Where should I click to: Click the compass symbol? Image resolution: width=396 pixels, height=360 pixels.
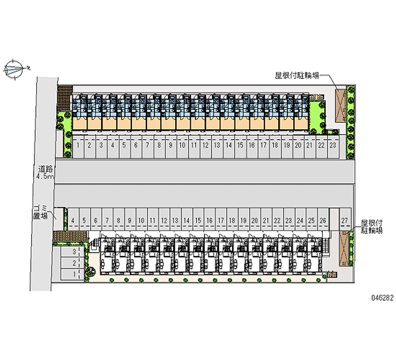pos(15,69)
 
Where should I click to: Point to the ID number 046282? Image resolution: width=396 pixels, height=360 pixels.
pos(379,299)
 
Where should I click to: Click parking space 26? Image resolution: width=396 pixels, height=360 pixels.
pos(323,220)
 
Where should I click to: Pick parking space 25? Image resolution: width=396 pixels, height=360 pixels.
pos(311,220)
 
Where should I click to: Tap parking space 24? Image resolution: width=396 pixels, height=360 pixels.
pos(300,220)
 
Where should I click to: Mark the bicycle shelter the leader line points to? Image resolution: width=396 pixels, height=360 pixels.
pos(340,105)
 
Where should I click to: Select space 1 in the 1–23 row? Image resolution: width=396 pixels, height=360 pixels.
pos(79,146)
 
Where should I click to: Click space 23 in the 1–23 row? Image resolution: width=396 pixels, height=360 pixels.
pos(333,146)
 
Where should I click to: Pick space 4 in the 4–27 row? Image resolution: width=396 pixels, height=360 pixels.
pos(73,220)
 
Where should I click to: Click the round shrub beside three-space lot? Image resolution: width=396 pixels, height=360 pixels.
pos(91,271)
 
